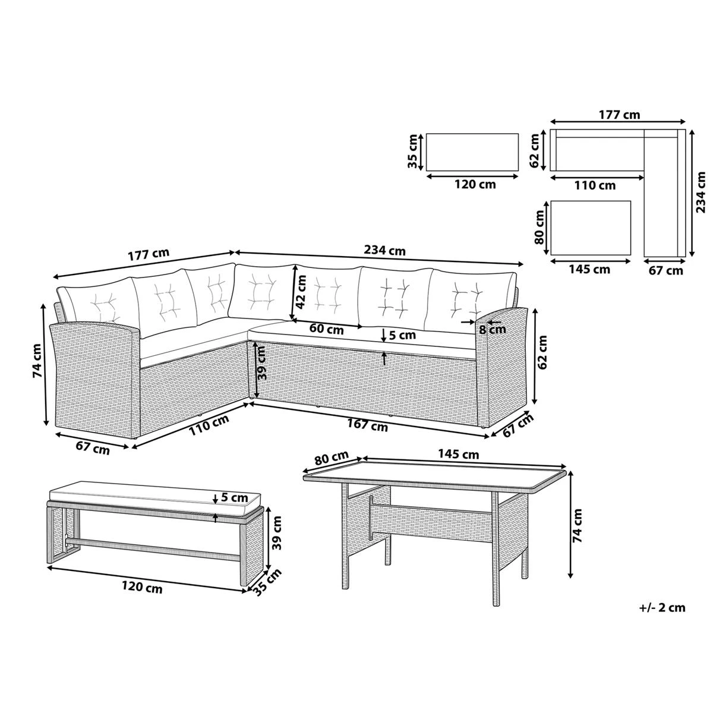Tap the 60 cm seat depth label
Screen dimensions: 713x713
[326, 328]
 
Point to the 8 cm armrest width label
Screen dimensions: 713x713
[493, 329]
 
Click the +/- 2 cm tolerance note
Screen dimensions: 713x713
[662, 607]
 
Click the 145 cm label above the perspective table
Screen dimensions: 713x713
[459, 454]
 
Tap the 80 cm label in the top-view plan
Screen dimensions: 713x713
[540, 227]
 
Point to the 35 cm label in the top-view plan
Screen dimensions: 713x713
[414, 152]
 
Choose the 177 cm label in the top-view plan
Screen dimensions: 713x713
[618, 115]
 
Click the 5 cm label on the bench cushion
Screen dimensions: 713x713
[234, 497]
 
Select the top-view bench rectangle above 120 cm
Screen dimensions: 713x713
[472, 152]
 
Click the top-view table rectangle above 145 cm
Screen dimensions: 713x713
[591, 228]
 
